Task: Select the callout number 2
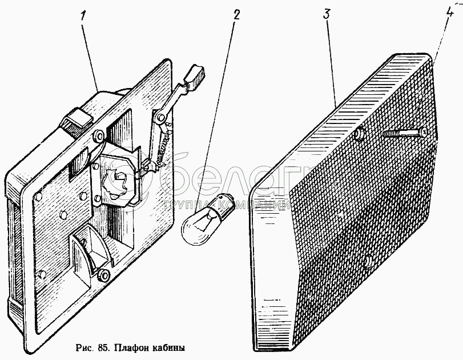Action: [x=236, y=15]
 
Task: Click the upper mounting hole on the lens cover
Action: [x=359, y=135]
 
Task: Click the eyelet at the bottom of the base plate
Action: [x=103, y=274]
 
